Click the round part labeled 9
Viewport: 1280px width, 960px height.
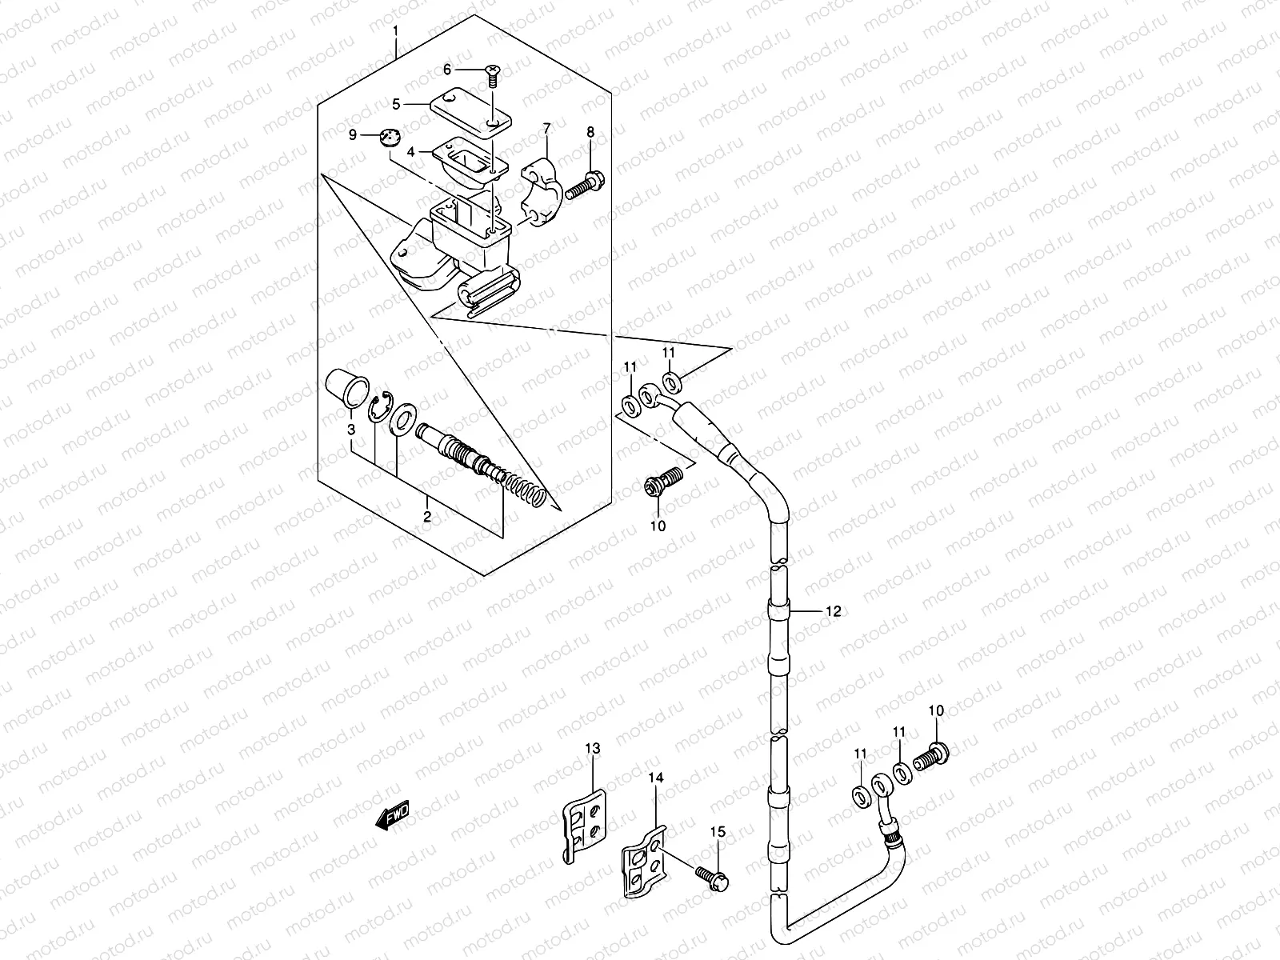(x=390, y=138)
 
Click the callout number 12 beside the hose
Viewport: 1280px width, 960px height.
(x=832, y=611)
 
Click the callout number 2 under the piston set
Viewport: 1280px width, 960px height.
(x=427, y=518)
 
